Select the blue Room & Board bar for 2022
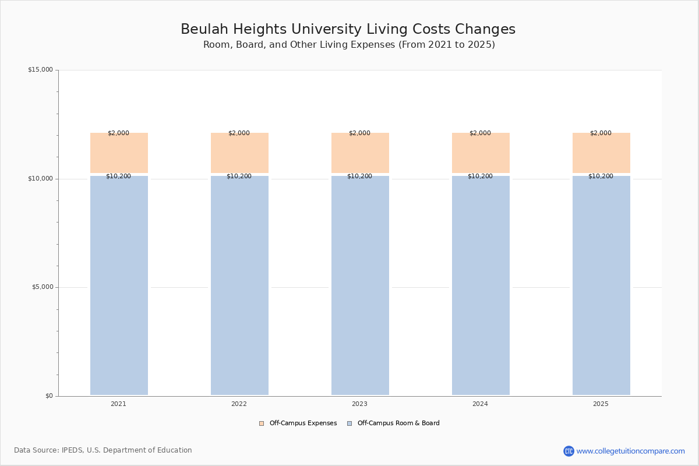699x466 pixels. tap(239, 285)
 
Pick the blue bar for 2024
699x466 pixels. tap(481, 285)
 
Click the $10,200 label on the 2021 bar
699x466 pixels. tap(118, 176)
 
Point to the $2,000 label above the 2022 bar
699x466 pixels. tap(239, 133)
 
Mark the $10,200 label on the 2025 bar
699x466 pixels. tap(601, 176)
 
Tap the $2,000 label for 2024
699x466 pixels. tap(480, 133)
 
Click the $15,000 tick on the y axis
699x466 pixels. tap(40, 70)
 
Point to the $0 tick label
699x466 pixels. tap(49, 396)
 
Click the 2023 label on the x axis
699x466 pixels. tap(359, 404)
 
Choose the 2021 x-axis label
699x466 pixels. tap(118, 404)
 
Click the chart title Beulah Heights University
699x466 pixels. tap(348, 29)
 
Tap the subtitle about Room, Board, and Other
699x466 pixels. tap(349, 45)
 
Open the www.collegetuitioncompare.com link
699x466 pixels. tap(630, 451)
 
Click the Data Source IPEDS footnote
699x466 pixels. tap(103, 450)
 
